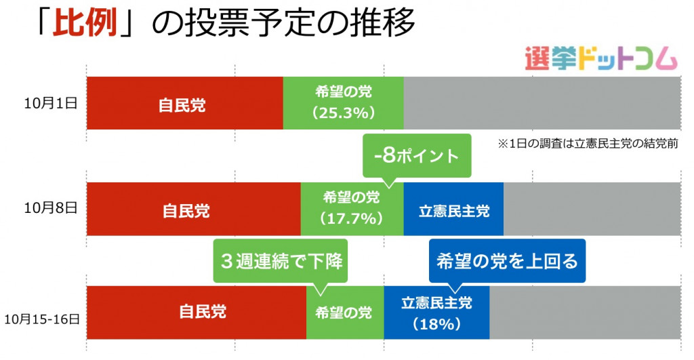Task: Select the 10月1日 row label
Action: [x=51, y=104]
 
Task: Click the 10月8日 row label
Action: [x=51, y=207]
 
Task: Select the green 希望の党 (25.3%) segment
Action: [x=343, y=103]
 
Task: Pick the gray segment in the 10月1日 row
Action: [x=542, y=103]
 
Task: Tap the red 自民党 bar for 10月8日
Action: [x=194, y=209]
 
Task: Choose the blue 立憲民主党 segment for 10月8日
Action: [x=453, y=209]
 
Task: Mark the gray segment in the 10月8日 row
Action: [x=592, y=209]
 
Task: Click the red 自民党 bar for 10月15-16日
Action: [x=197, y=313]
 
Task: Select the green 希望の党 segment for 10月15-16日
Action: [x=345, y=313]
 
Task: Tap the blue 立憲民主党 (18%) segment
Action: [x=436, y=313]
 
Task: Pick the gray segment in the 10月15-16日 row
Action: [x=585, y=313]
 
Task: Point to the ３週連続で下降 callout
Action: [x=281, y=260]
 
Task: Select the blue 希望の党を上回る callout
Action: [x=507, y=260]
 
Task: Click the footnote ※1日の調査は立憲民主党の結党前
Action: [x=588, y=144]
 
